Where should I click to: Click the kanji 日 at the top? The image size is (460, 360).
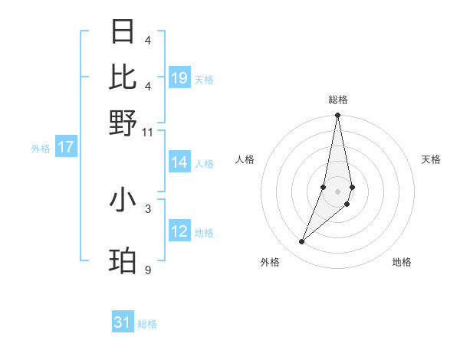click(x=123, y=32)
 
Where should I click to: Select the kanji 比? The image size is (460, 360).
click(x=123, y=77)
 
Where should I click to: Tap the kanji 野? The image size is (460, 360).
click(x=123, y=123)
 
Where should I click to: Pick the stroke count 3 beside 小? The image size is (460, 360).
click(x=147, y=208)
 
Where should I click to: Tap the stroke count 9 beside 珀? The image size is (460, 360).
click(x=147, y=270)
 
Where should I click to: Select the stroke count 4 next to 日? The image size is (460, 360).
click(x=147, y=41)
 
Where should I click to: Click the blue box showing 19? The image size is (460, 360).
click(x=179, y=77)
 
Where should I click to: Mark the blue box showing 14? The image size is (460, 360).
click(x=179, y=162)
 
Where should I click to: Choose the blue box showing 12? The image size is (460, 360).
click(x=179, y=231)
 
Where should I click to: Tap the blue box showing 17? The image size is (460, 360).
click(x=65, y=147)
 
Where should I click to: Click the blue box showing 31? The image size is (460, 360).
click(x=123, y=322)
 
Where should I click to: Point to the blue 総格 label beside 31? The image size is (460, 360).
click(x=147, y=324)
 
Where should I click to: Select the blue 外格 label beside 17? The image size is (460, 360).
click(x=41, y=149)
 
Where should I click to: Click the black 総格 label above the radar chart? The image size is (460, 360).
click(x=337, y=100)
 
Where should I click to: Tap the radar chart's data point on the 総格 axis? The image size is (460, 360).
click(x=337, y=116)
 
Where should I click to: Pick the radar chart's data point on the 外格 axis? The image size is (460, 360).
click(x=302, y=242)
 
